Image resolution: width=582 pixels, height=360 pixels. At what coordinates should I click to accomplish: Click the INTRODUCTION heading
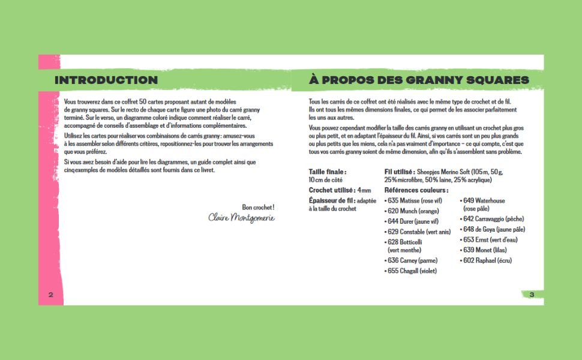106,80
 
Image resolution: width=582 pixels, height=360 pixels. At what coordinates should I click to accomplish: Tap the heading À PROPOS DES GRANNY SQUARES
419,80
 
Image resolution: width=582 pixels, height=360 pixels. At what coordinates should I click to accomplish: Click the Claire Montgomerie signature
241,217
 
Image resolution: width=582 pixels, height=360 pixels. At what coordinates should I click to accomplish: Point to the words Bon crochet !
258,207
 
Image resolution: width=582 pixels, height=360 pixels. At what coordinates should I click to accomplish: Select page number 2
51,294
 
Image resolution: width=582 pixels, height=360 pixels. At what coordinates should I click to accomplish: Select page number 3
531,294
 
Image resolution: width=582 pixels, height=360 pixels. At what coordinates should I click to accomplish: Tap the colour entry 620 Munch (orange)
414,211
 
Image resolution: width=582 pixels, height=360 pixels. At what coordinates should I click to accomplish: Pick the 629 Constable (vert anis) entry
419,232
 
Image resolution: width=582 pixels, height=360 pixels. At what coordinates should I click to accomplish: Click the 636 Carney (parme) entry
412,260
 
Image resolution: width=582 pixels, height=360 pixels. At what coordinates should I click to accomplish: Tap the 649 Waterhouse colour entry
484,200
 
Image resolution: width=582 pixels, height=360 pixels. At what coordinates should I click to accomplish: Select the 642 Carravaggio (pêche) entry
493,219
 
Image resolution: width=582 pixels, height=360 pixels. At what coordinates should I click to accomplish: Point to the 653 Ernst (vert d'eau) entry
490,239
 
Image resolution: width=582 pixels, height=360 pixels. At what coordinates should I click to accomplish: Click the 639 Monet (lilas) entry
484,250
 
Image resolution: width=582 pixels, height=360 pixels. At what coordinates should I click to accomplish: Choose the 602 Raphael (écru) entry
487,260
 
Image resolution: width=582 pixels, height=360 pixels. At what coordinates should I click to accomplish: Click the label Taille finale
328,172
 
